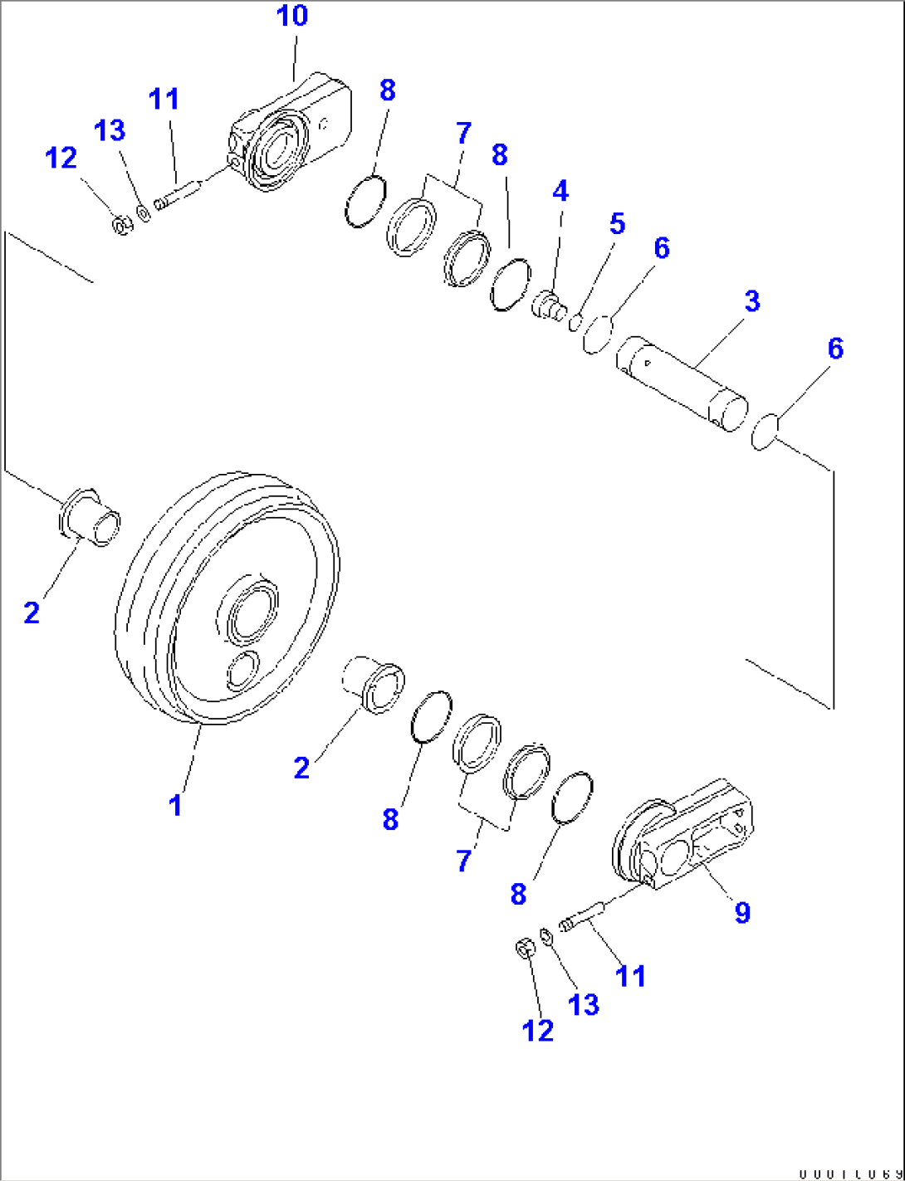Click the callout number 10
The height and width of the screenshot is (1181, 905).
291,16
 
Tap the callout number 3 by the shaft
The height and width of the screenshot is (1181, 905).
751,300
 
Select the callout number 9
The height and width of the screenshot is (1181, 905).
741,912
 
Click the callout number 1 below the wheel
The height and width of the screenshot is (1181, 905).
175,805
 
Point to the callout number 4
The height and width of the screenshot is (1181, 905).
560,192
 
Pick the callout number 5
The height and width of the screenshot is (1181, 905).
617,223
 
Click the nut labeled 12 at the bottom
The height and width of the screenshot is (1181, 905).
524,947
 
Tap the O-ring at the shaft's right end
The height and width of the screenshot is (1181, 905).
763,432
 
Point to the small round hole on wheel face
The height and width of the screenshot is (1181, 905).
242,669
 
